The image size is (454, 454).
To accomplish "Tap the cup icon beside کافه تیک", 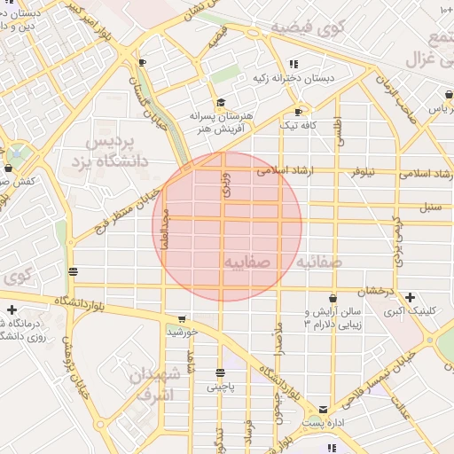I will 298,112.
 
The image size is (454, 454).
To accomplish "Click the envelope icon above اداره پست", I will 323,410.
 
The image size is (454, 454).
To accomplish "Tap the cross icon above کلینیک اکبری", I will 410,297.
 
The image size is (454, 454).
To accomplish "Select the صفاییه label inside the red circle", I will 247,263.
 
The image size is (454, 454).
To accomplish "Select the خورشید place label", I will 181,332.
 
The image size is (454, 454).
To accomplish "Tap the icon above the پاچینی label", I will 220,372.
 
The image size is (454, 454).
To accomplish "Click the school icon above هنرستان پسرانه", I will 221,102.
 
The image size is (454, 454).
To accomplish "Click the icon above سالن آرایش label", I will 333,299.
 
